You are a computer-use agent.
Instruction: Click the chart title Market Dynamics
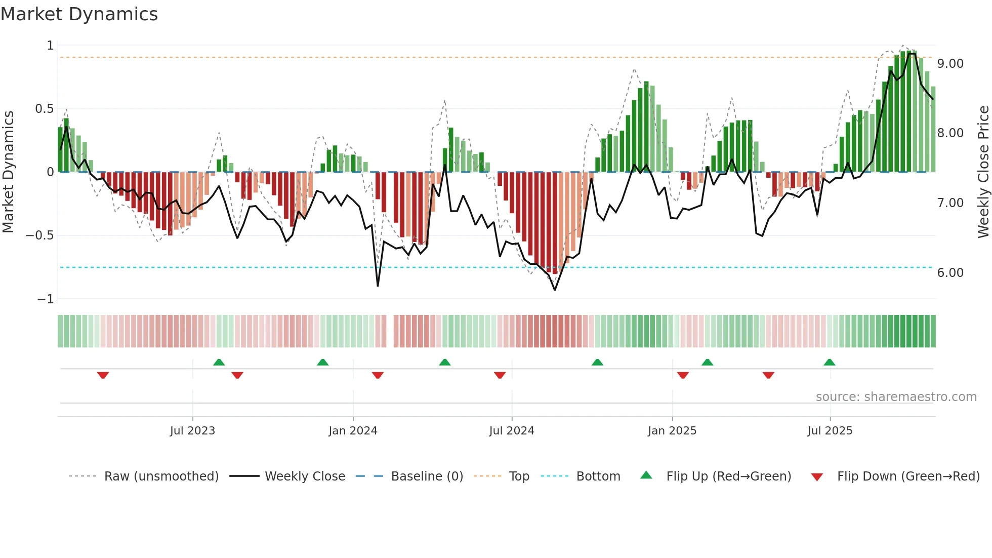click(79, 14)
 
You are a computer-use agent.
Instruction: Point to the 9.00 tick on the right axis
click(950, 64)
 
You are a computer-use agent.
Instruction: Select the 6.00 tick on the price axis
click(950, 273)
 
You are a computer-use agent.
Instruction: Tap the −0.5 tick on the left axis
click(39, 235)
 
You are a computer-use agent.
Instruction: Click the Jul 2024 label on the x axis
click(511, 431)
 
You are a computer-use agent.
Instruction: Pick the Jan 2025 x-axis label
click(672, 431)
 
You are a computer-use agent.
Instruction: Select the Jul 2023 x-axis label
click(192, 431)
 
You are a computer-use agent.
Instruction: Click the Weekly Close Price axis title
click(983, 172)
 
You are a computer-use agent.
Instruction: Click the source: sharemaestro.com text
click(896, 397)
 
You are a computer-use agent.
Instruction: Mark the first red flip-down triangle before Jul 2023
click(103, 375)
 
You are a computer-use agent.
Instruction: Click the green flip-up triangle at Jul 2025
click(829, 362)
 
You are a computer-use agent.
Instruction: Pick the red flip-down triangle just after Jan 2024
click(378, 375)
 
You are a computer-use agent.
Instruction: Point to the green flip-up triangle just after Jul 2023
click(219, 362)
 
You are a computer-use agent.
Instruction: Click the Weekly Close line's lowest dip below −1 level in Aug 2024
click(555, 290)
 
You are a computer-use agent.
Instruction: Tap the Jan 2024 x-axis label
click(353, 431)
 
